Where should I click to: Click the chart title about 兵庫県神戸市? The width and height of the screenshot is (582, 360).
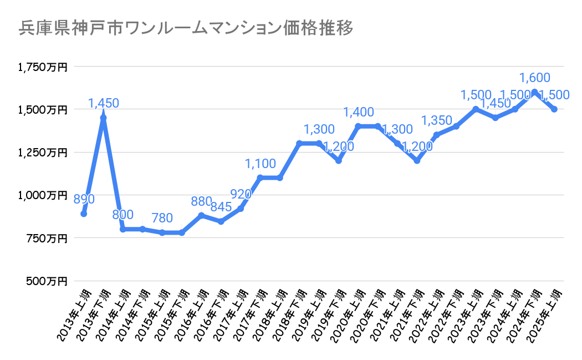pyautogui.click(x=186, y=28)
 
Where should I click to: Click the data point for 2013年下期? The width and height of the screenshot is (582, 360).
pyautogui.click(x=103, y=118)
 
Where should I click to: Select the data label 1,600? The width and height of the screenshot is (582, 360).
pyautogui.click(x=534, y=78)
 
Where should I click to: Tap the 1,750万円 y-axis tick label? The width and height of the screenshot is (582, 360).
pyautogui.click(x=43, y=67)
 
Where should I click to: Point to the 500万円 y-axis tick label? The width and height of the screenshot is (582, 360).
pyautogui.click(x=46, y=281)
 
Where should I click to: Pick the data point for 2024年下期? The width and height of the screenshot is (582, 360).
pyautogui.click(x=534, y=92)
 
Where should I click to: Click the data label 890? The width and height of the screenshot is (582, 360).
pyautogui.click(x=84, y=199)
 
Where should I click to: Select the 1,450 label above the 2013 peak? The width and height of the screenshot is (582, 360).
pyautogui.click(x=104, y=103)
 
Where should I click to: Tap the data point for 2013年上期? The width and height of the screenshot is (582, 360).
pyautogui.click(x=84, y=214)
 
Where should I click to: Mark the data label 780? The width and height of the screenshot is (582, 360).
pyautogui.click(x=162, y=218)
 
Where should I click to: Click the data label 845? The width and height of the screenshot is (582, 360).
pyautogui.click(x=221, y=207)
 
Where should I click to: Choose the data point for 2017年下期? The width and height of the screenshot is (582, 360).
pyautogui.click(x=260, y=178)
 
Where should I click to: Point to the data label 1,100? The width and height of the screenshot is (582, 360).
pyautogui.click(x=261, y=164)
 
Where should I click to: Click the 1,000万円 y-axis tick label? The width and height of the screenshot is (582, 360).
pyautogui.click(x=43, y=195)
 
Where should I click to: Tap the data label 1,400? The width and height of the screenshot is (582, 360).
pyautogui.click(x=359, y=112)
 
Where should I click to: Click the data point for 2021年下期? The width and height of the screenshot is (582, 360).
pyautogui.click(x=417, y=161)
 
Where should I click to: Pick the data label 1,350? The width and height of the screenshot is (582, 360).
pyautogui.click(x=437, y=120)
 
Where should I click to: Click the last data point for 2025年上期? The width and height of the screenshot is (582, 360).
pyautogui.click(x=554, y=109)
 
